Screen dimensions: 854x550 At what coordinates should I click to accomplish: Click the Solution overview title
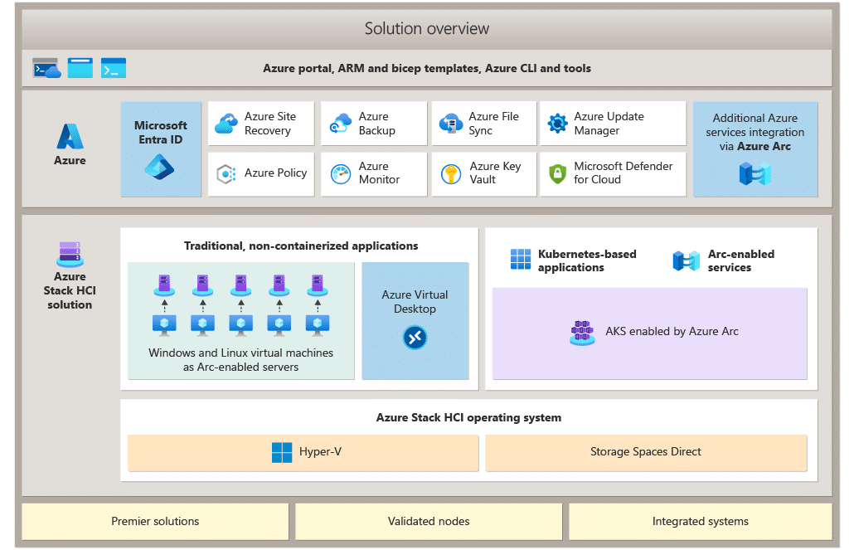coord(426,28)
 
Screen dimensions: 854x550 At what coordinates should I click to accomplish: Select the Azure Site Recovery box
coord(261,124)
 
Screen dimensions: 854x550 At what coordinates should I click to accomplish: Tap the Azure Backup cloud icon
coord(341,124)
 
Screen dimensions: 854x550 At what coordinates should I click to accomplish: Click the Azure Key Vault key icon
coord(451,173)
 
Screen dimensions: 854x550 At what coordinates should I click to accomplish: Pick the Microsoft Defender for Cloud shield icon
coord(557,173)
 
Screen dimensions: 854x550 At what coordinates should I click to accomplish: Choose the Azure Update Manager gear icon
coord(557,124)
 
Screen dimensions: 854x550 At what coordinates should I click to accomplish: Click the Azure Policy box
coord(261,174)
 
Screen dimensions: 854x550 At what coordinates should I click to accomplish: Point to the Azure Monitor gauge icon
coord(341,174)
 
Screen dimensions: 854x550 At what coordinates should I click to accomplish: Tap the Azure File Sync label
coord(493,124)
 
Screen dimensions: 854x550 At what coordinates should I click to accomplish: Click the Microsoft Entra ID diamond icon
coord(159,166)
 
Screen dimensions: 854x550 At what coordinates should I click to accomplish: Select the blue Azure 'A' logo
coord(70,136)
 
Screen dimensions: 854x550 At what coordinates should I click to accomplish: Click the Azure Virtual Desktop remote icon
coord(415,338)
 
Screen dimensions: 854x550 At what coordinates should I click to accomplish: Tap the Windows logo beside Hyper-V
coord(282,452)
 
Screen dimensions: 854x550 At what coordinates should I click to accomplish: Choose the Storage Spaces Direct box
coord(646,452)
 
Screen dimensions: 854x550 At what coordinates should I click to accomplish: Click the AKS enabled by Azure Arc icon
coord(582,333)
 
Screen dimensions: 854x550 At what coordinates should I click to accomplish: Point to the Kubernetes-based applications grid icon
coord(520,259)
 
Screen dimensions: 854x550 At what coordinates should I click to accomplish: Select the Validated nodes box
coord(429,522)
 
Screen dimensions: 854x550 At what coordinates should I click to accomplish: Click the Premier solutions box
coord(155,522)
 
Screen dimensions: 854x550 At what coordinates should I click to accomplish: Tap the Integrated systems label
coord(701,522)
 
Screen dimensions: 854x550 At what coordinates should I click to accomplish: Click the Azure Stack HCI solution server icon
coord(70,254)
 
